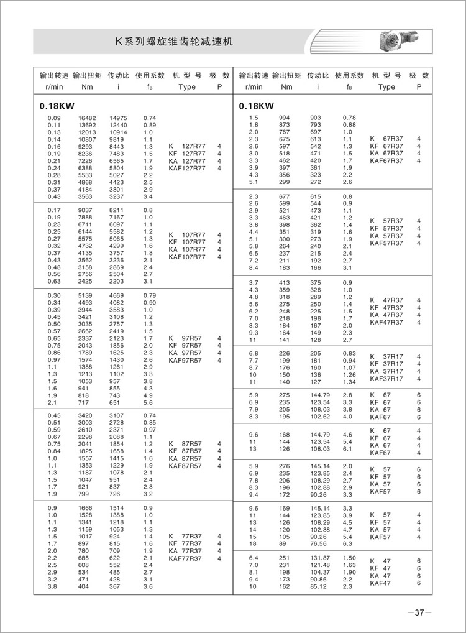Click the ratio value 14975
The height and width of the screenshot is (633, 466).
pyautogui.click(x=118, y=118)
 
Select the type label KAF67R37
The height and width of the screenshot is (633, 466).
pyautogui.click(x=386, y=161)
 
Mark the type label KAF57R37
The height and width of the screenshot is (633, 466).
pyautogui.click(x=386, y=243)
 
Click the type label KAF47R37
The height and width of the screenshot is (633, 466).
pyautogui.click(x=386, y=322)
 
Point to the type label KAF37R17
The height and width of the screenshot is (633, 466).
pyautogui.click(x=386, y=379)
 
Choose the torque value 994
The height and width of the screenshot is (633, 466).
pyautogui.click(x=284, y=118)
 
